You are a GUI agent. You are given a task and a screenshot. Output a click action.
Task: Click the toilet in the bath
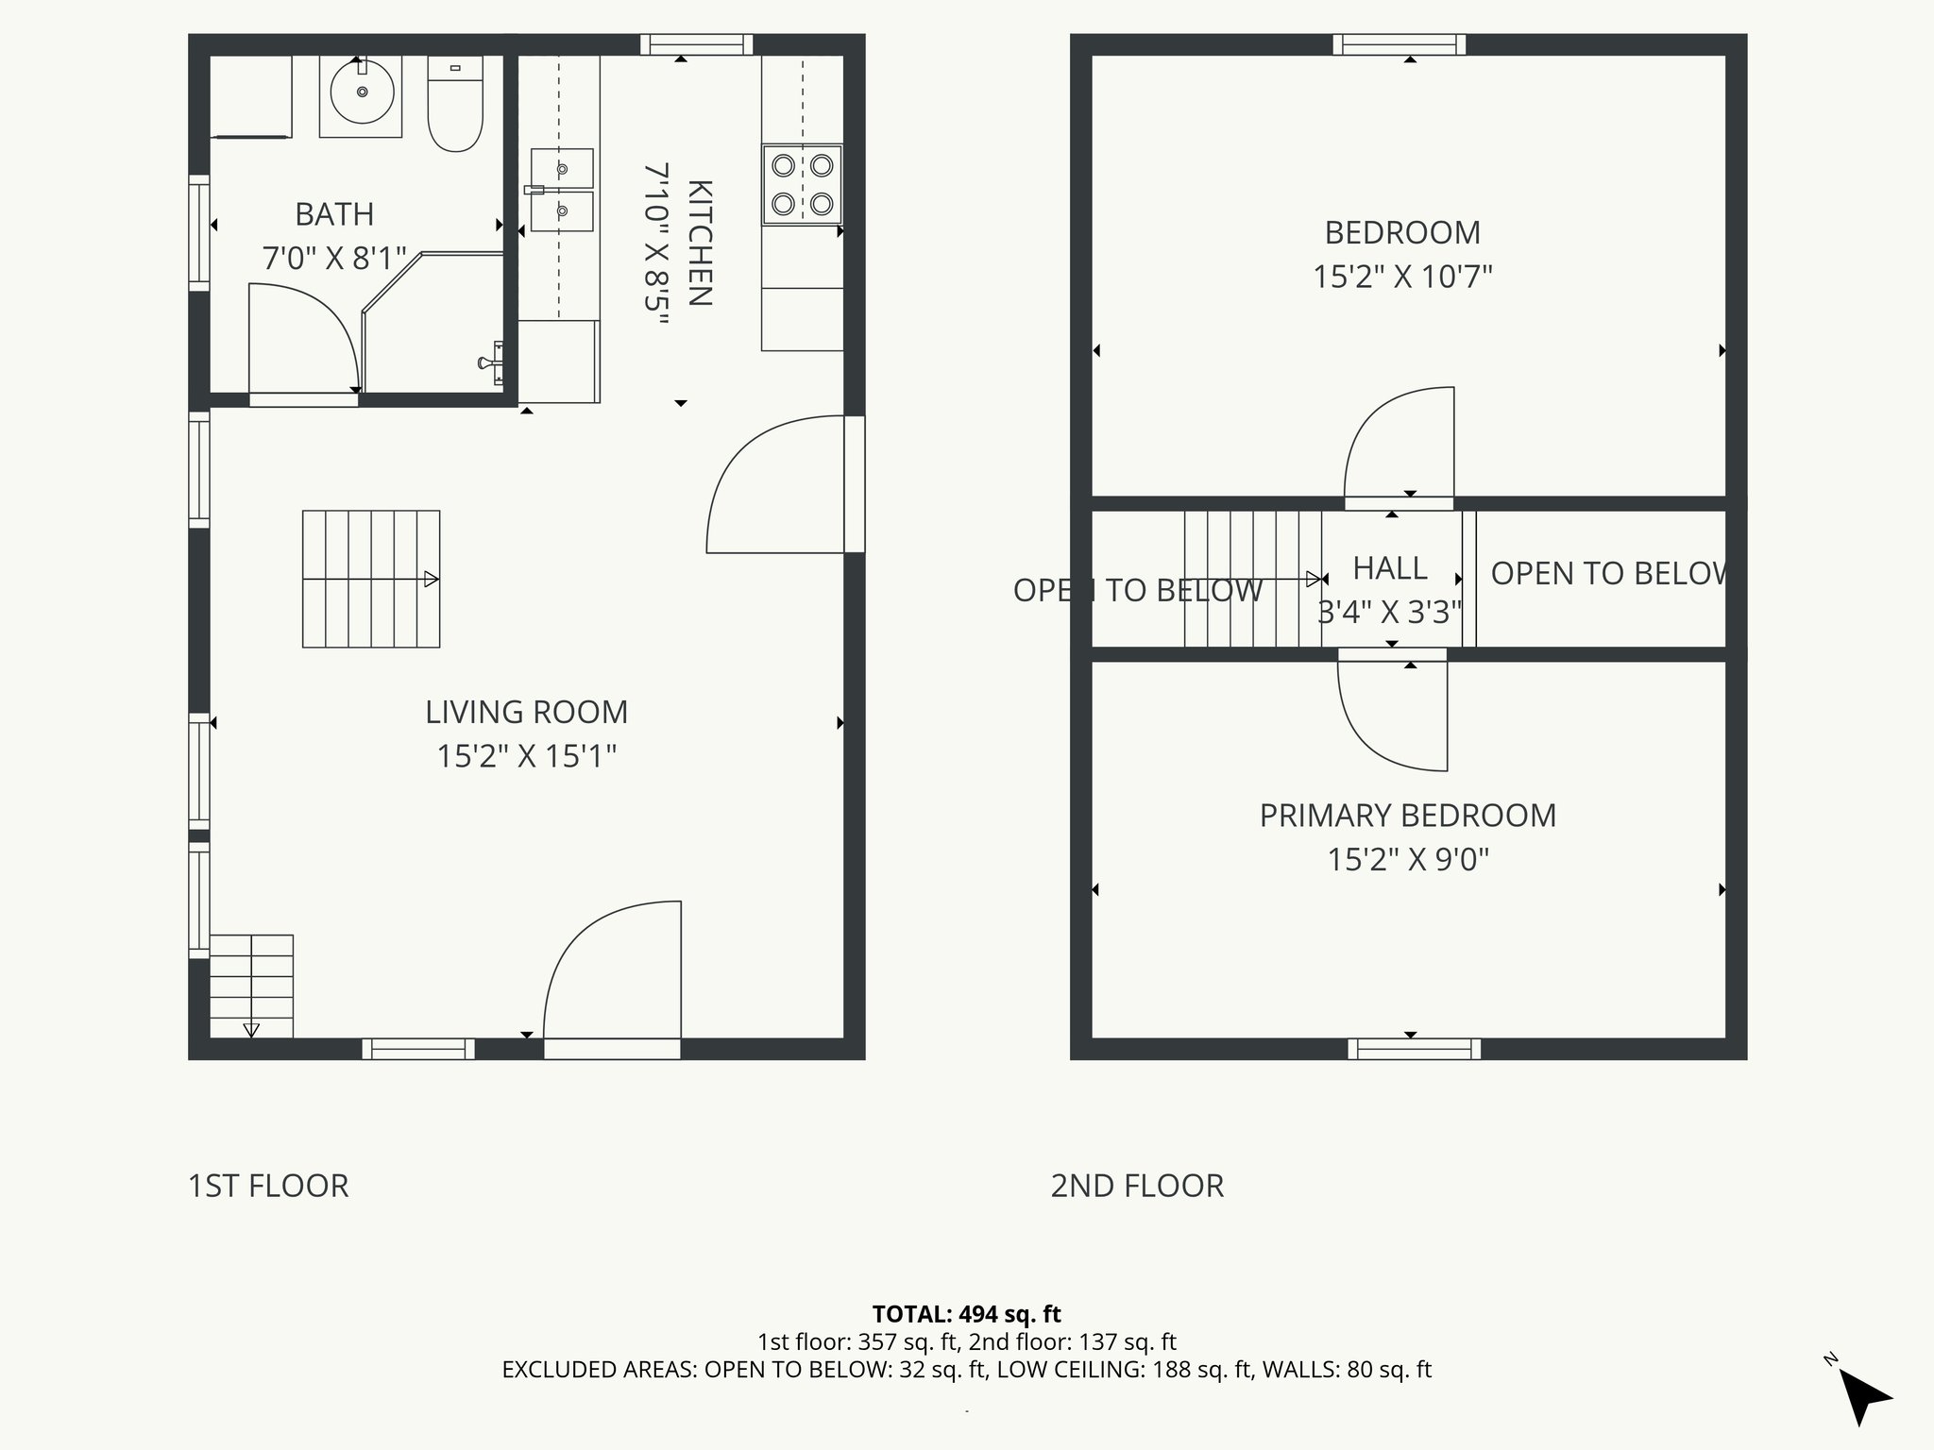click(x=455, y=104)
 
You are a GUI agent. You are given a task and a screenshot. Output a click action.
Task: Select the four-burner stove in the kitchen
click(x=802, y=184)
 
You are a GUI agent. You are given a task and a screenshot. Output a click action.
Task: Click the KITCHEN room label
click(x=699, y=243)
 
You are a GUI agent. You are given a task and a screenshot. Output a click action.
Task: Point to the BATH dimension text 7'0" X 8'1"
click(x=334, y=258)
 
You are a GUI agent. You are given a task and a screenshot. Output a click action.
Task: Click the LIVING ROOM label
click(x=526, y=712)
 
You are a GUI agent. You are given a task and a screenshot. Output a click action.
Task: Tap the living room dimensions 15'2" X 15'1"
click(x=526, y=756)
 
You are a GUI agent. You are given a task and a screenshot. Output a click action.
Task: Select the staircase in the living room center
click(x=371, y=579)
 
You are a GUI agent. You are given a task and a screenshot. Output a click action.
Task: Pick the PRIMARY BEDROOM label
click(x=1407, y=816)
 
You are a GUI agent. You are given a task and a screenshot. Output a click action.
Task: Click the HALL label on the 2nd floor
click(x=1389, y=568)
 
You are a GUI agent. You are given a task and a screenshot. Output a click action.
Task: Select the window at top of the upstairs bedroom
click(x=1400, y=44)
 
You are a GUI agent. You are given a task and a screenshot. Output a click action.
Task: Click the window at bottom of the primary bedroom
click(x=1414, y=1049)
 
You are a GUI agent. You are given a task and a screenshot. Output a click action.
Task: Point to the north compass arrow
click(x=1862, y=1396)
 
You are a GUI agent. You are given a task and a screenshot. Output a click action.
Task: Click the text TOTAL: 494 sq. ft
click(x=966, y=1314)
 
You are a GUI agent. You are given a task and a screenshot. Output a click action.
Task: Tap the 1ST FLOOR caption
click(x=268, y=1186)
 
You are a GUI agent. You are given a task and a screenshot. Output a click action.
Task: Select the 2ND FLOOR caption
click(x=1137, y=1186)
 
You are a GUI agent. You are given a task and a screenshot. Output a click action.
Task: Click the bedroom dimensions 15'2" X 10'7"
click(x=1402, y=277)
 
